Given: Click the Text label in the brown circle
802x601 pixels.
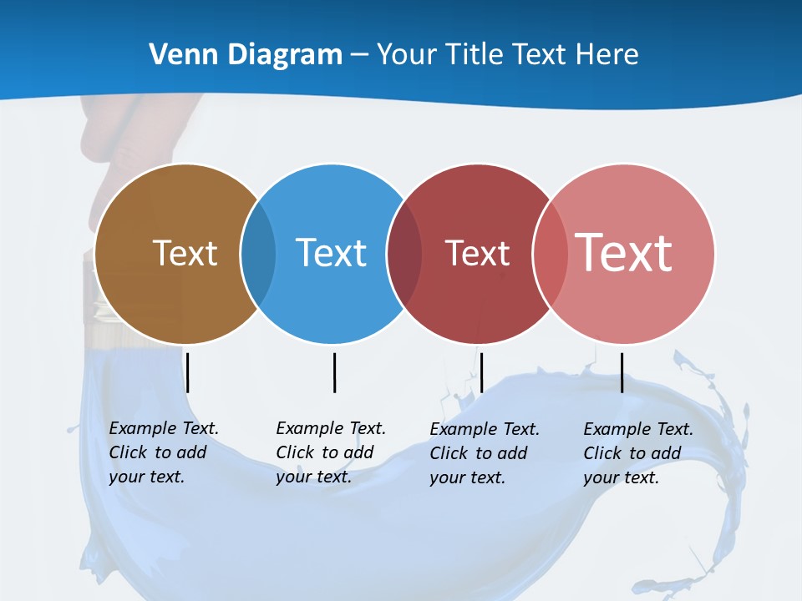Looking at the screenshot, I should [x=185, y=253].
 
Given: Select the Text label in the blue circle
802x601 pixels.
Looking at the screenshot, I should [x=331, y=253].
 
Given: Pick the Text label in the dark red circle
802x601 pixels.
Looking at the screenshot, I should [x=477, y=253].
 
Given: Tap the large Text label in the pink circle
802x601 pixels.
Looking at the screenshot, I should [x=624, y=252].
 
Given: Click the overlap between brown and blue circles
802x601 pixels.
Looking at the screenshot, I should [x=258, y=253].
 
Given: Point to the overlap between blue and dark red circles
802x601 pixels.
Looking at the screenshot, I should [x=404, y=253].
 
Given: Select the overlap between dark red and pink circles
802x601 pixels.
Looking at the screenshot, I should [x=550, y=253].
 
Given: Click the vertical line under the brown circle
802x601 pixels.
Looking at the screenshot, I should [x=188, y=372].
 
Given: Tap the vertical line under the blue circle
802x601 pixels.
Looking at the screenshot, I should [x=334, y=372].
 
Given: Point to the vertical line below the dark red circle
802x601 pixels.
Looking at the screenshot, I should [x=481, y=372].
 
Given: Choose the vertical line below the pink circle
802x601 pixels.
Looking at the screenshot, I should [x=622, y=372].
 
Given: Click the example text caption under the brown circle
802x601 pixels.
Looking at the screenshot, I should [x=163, y=452].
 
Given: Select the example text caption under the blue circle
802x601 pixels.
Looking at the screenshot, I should [x=330, y=452].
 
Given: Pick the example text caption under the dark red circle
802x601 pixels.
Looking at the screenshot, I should [x=484, y=453].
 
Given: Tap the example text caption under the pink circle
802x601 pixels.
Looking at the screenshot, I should [x=637, y=453].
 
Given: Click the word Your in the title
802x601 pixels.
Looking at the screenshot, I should [x=407, y=55].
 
